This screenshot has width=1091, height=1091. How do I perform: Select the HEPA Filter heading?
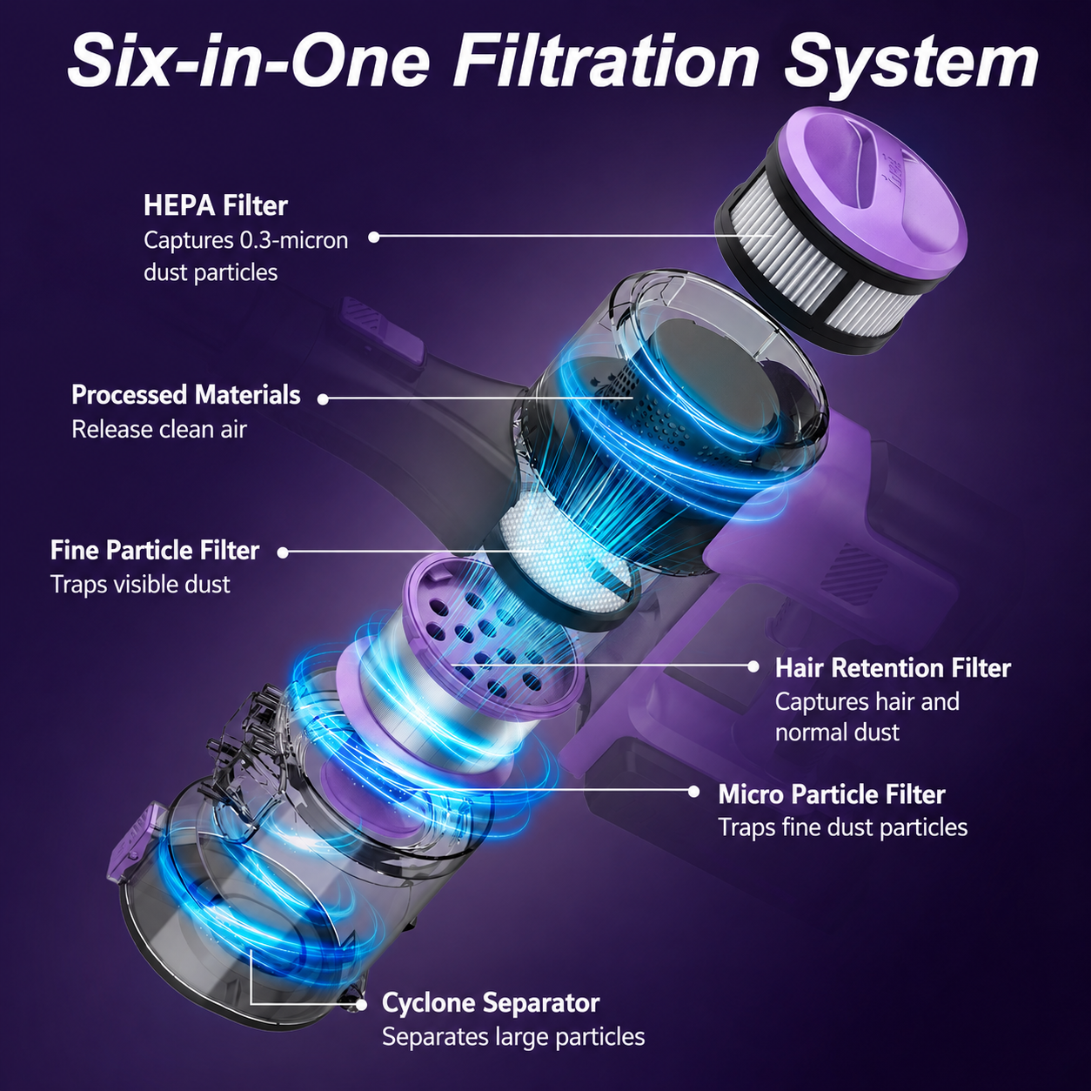tap(215, 205)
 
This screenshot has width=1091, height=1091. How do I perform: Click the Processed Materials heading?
tap(185, 395)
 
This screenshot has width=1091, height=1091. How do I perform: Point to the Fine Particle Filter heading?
tap(155, 550)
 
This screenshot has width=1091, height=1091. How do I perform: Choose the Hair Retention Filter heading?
tap(893, 667)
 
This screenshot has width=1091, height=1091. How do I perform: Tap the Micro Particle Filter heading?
tap(832, 794)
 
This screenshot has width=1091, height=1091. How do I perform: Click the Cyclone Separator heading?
tap(491, 1002)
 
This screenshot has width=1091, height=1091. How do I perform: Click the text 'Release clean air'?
tap(159, 429)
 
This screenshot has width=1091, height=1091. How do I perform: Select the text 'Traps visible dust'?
tap(140, 585)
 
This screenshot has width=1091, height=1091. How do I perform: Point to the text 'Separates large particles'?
tap(513, 1037)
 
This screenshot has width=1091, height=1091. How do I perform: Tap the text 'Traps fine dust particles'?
tap(843, 827)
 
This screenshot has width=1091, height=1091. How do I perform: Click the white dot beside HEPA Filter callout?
tap(373, 238)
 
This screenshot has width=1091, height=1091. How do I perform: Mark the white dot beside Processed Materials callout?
tap(323, 399)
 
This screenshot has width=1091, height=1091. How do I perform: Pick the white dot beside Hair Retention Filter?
tap(753, 666)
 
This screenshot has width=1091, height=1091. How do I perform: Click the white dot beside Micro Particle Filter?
tap(693, 792)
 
